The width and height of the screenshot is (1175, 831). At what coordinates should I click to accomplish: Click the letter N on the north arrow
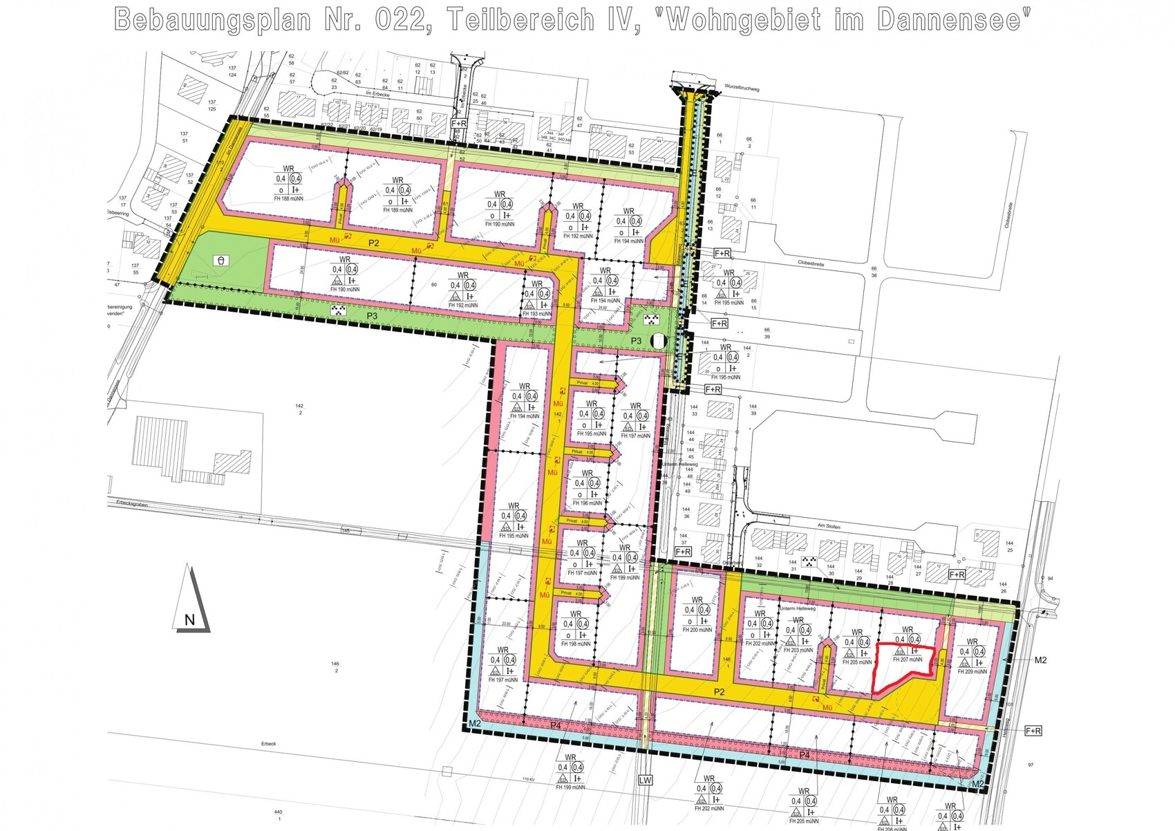(x=189, y=620)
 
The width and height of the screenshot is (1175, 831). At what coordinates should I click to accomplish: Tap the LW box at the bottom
(x=645, y=781)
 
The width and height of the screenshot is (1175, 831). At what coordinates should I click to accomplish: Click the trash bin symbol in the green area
(x=221, y=261)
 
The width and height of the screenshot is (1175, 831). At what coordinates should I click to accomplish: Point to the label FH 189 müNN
(x=397, y=210)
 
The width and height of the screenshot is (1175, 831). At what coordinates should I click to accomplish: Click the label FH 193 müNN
(x=536, y=314)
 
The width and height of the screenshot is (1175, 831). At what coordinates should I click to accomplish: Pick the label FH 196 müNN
(x=587, y=503)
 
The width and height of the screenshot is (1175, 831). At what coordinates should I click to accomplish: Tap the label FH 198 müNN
(x=576, y=644)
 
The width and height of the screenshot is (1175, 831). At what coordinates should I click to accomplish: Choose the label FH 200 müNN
(x=697, y=630)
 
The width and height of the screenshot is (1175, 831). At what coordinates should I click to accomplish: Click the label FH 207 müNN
(x=908, y=660)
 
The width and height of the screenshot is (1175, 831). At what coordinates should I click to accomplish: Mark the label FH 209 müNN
(x=972, y=671)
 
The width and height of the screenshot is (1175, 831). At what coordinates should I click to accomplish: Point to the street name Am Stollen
(x=829, y=526)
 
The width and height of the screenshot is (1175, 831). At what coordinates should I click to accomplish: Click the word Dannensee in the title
(x=950, y=20)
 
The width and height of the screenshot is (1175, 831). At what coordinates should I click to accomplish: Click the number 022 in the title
(x=400, y=20)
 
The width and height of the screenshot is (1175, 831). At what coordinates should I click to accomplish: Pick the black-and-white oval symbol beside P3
(x=659, y=341)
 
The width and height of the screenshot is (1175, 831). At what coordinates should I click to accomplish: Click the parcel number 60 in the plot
(x=434, y=285)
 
